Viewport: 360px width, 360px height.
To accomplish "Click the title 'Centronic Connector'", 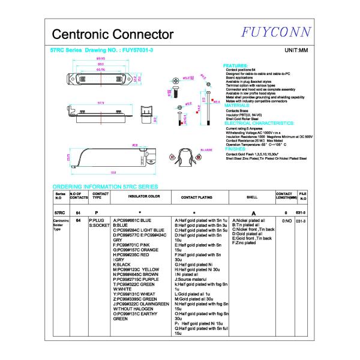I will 113,34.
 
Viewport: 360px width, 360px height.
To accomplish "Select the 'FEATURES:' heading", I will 235,65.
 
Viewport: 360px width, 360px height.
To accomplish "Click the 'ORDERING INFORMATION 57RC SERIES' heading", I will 105,187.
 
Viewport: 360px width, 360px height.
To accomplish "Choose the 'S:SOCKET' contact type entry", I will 100,226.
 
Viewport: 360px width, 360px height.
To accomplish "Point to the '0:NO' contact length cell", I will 286,221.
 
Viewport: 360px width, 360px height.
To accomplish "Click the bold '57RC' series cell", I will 59,213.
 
